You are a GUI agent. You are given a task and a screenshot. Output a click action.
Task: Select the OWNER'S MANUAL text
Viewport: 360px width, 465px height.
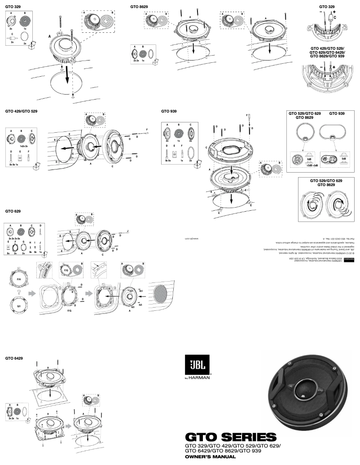210,456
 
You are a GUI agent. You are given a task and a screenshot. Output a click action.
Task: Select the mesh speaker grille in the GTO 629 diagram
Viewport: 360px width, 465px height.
161,295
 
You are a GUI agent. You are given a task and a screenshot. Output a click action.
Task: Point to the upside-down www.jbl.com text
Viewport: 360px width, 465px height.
192,239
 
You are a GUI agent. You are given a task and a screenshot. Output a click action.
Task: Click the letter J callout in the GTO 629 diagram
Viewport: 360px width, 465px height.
128,231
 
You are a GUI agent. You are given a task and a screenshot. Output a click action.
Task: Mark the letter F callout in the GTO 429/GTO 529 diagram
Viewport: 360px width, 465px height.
147,129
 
